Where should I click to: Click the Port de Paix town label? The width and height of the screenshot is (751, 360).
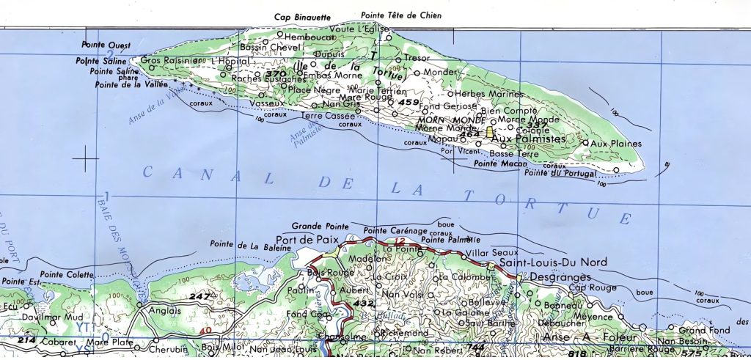pyautogui.click(x=305, y=240)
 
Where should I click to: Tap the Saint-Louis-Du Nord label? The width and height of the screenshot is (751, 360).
pyautogui.click(x=546, y=262)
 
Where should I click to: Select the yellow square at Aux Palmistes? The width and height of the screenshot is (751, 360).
pyautogui.click(x=488, y=132)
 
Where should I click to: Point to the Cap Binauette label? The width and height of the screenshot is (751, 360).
pyautogui.click(x=303, y=17)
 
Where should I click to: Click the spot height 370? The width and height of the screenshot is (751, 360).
pyautogui.click(x=276, y=74)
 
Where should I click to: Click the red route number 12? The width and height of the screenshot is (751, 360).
pyautogui.click(x=400, y=241)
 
